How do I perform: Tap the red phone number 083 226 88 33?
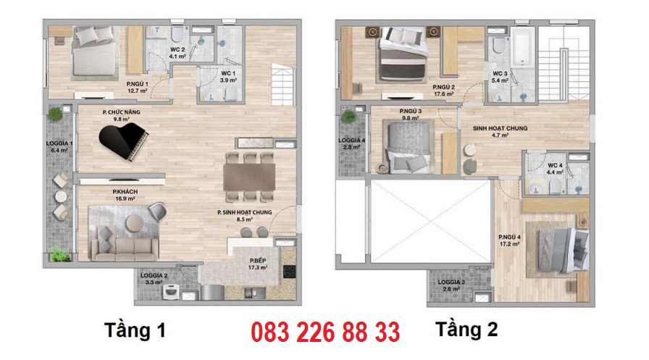coord(325,332)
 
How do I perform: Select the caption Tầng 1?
coord(135,330)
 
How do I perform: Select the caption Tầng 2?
coord(466,330)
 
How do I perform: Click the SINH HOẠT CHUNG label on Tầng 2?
coord(501,130)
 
